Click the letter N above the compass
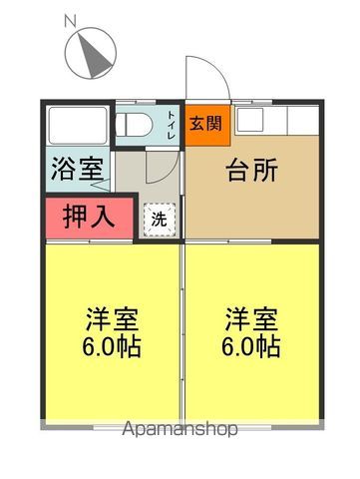coord(70,22)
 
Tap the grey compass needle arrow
coord(94,54)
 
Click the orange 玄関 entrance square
coord(207,126)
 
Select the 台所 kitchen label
coord(252,171)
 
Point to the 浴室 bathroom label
coord(77,169)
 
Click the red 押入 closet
coord(89,219)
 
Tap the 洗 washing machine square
coord(160,220)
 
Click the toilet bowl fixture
coord(135,125)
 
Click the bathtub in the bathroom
coord(78,125)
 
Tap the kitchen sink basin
coord(249,119)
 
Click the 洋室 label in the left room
coord(112,319)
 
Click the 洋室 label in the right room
coord(251,319)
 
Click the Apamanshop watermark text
coord(180,429)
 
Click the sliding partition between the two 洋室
coord(182,331)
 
